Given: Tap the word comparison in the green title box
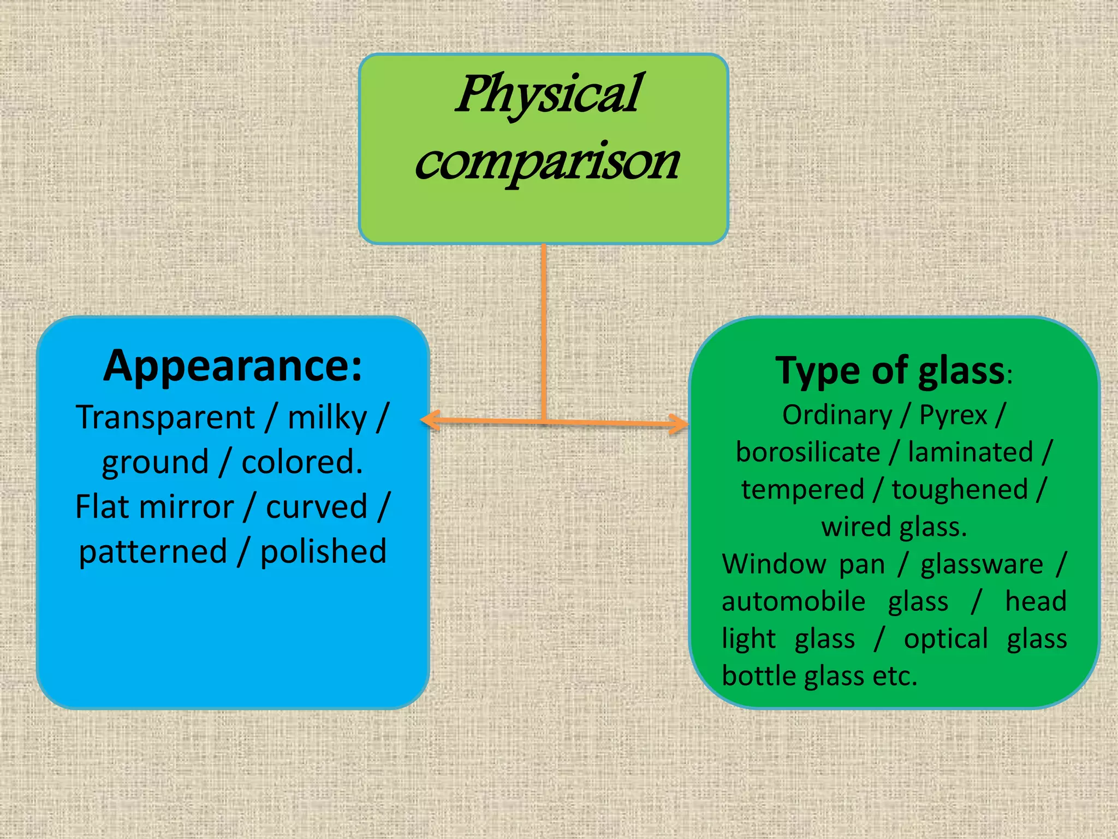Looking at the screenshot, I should click(547, 162).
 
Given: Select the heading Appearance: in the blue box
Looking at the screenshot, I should click(233, 365).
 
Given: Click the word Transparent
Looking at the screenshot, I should click(165, 418).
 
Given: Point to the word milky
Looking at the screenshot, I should click(327, 418).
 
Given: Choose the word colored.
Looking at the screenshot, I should click(302, 462).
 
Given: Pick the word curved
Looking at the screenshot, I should click(317, 506).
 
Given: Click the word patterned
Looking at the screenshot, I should click(153, 551).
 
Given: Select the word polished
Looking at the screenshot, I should click(323, 551).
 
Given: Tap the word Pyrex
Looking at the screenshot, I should click(953, 415).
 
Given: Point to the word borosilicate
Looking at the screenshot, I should click(808, 452).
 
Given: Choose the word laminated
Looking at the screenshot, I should click(971, 452).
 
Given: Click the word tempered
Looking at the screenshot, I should click(802, 489).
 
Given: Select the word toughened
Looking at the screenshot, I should click(960, 489).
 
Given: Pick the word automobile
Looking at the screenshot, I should click(793, 601).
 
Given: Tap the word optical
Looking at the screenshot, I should click(945, 639).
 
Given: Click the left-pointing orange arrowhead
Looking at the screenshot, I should click(429, 420).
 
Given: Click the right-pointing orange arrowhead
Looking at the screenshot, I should click(680, 424).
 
